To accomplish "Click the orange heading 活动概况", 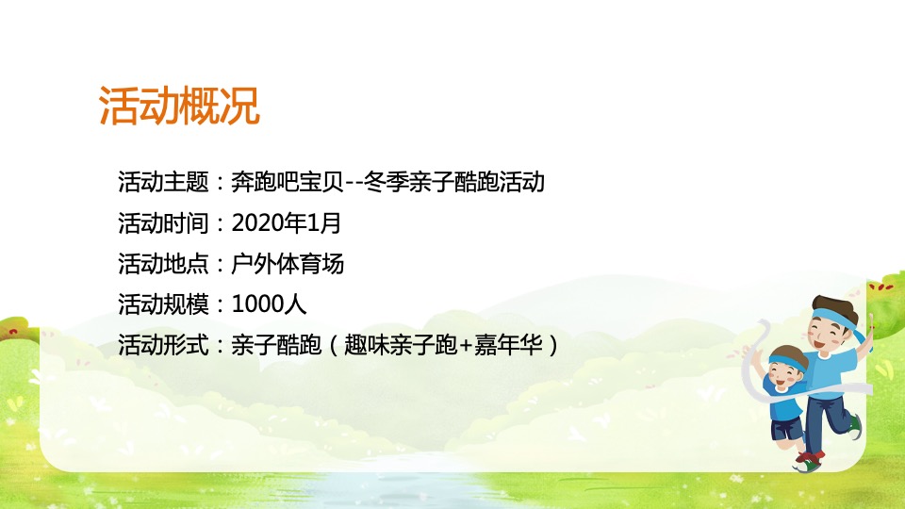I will [x=179, y=107].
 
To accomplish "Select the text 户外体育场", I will [x=288, y=264].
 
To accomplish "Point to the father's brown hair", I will [x=834, y=304].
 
